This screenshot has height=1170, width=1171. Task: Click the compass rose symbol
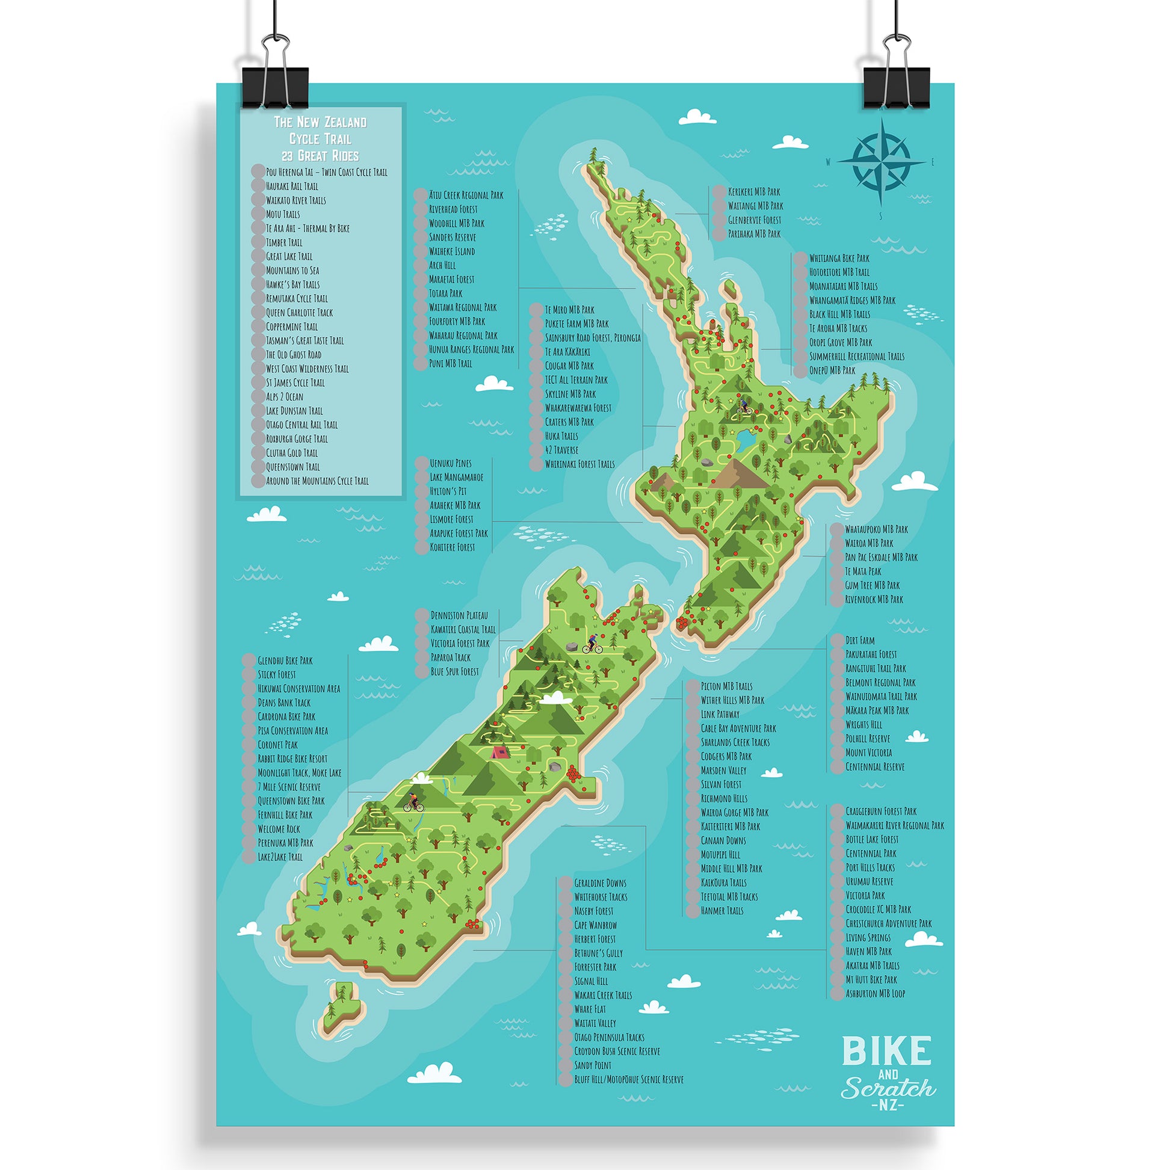tap(882, 162)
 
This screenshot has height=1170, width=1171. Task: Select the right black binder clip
tap(896, 85)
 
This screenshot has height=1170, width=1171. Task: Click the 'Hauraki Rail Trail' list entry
tap(291, 186)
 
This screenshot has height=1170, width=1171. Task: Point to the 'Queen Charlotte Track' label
tap(300, 313)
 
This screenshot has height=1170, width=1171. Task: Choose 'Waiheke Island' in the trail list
tap(451, 251)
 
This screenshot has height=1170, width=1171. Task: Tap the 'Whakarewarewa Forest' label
tap(578, 408)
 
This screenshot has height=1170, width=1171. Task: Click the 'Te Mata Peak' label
tap(863, 571)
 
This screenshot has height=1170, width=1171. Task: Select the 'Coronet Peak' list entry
tap(277, 745)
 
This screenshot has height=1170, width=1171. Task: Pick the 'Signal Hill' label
tap(591, 981)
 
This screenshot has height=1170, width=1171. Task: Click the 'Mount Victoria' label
tap(868, 753)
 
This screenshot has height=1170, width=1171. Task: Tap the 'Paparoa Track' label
tap(450, 657)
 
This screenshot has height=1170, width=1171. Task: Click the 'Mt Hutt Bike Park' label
tap(871, 979)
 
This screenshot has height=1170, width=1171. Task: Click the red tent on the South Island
tap(499, 753)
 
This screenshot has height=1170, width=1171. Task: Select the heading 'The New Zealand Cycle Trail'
tap(320, 131)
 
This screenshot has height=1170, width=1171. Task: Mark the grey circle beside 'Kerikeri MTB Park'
tap(719, 192)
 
